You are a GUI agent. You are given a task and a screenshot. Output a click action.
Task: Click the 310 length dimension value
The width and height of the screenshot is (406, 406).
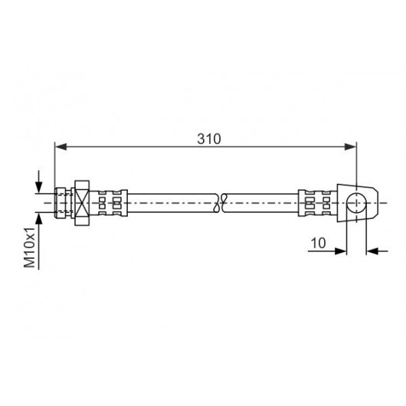coord(209,139)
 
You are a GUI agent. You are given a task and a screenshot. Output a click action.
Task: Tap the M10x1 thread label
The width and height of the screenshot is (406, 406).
coord(30,247)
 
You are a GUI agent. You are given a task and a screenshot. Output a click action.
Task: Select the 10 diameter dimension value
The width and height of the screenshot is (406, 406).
coord(318,243)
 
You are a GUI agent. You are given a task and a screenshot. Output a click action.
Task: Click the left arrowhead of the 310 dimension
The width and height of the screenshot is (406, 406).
coord(61,147)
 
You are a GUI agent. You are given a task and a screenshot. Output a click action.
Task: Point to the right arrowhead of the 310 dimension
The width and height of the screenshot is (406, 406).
coord(350,147)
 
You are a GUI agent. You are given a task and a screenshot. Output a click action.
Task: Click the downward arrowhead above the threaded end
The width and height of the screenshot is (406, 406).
coord(39,187)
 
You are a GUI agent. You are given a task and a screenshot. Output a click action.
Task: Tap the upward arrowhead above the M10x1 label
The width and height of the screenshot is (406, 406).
coord(39,218)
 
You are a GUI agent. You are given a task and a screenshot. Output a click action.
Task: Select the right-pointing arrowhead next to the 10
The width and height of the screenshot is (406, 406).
coord(340,251)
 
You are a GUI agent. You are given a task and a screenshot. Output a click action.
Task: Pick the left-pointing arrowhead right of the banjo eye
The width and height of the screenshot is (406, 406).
coord(372,251)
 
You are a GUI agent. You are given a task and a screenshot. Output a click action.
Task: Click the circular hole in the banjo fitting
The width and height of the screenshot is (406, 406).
coord(356,203)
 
